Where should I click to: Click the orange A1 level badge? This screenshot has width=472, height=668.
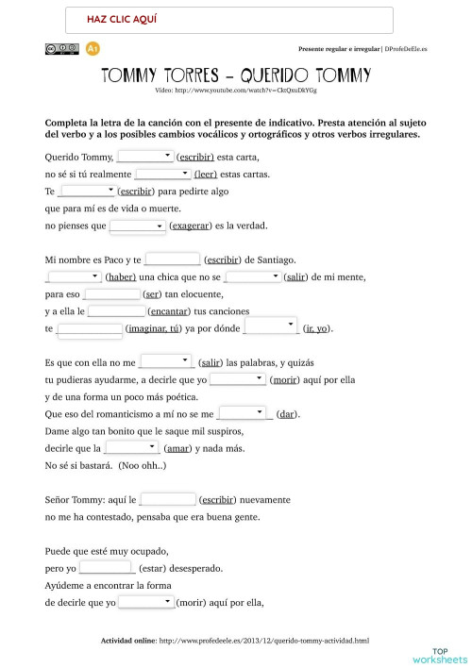[93, 48]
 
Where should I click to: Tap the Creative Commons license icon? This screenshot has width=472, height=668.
[61, 48]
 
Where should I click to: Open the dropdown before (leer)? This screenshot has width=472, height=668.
[162, 174]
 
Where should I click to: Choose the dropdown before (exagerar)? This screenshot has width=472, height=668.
[138, 225]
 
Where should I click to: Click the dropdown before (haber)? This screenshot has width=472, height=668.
[74, 276]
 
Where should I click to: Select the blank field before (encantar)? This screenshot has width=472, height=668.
[116, 310]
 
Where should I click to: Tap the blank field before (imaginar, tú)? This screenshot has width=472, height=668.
[90, 328]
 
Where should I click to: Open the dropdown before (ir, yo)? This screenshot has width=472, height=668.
[272, 327]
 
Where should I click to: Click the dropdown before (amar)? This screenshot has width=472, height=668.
[131, 448]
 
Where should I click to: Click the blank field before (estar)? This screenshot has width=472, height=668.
[107, 568]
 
